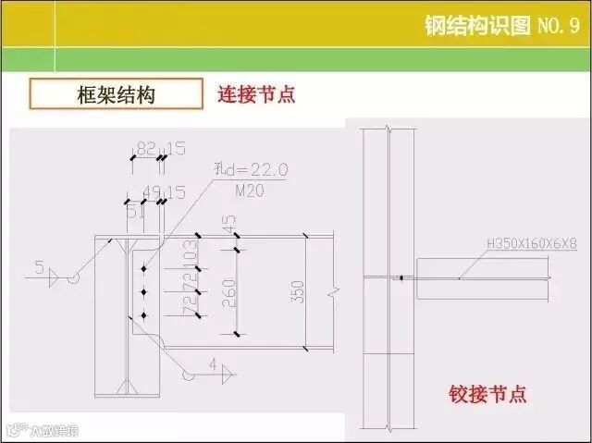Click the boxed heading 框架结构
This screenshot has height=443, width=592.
[x=116, y=94]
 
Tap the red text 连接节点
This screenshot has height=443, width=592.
[x=256, y=94]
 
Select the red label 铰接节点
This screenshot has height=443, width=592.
[x=487, y=394]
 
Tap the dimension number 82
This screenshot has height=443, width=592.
[x=145, y=148]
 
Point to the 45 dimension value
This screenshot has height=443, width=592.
[x=228, y=225]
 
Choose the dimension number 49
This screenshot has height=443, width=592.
[x=150, y=191]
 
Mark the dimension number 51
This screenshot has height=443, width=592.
[x=134, y=211]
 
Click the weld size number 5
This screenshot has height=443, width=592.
[x=39, y=268]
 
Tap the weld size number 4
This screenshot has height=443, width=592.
[x=212, y=365]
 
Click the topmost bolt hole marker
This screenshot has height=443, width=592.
[x=144, y=271]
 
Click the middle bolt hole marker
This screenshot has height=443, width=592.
[x=144, y=293]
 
